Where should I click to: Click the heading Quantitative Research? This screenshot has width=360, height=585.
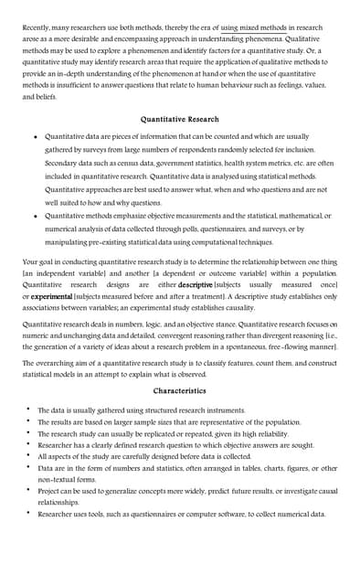coord(179,119)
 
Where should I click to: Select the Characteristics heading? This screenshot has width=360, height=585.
coord(179,391)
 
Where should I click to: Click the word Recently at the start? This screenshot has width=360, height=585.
coord(38,28)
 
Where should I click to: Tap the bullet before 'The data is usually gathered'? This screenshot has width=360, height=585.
coord(28,410)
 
